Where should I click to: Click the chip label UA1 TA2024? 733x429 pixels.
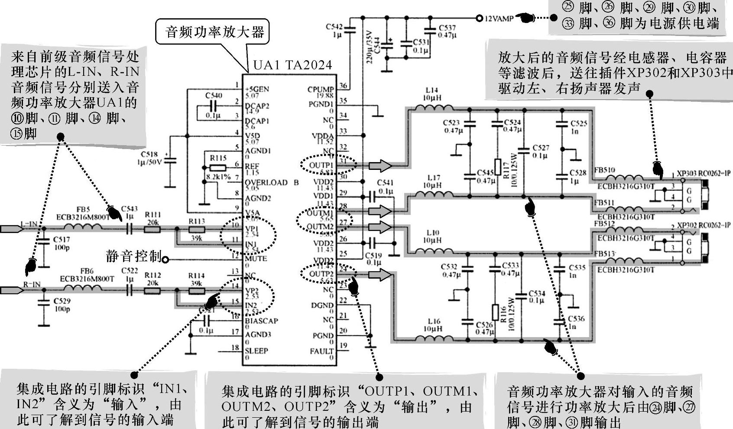point(292,65)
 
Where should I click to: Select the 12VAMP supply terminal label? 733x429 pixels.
point(499,19)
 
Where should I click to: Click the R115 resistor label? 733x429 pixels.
point(218,159)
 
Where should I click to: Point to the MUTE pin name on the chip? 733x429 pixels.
point(256,259)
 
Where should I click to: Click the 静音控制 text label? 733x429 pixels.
point(133,256)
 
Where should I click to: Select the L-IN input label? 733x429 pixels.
point(29,224)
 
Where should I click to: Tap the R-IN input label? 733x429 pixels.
point(32,284)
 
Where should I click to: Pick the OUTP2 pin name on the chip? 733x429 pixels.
point(321,274)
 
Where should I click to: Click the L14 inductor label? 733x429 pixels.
point(431,90)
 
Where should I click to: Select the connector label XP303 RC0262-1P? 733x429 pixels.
point(704,173)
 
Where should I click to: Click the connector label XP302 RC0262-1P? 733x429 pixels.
point(704,225)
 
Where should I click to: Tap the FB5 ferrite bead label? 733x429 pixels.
point(83,210)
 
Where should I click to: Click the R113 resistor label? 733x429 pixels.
point(196,221)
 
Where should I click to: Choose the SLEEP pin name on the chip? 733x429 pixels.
point(256,351)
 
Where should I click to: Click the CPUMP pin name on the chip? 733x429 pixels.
point(321,89)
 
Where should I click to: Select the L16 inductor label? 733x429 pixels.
point(434,321)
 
